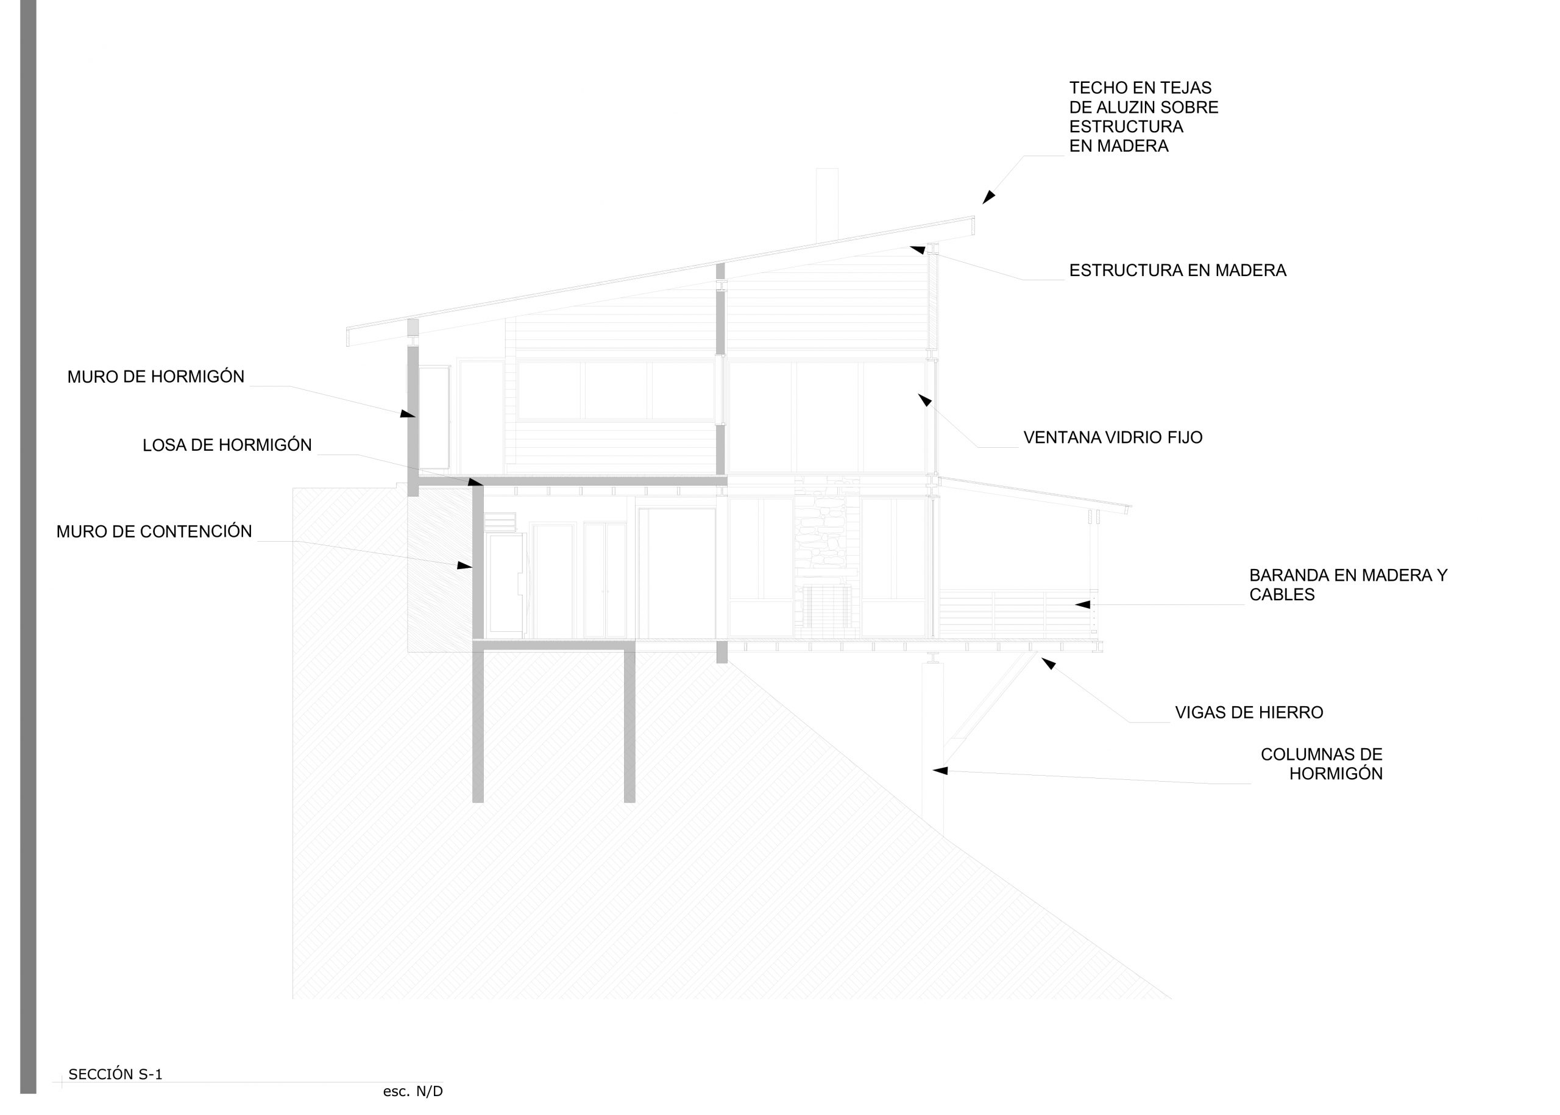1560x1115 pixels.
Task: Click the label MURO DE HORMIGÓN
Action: tap(156, 377)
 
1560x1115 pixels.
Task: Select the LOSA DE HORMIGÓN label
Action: tap(227, 445)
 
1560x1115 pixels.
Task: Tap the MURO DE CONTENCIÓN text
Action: tap(155, 531)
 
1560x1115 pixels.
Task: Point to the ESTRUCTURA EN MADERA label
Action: tap(1177, 271)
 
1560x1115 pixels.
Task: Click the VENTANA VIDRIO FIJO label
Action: tap(1113, 437)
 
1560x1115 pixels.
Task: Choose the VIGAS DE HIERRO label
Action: tap(1249, 713)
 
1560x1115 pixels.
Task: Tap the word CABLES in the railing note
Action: tap(1282, 595)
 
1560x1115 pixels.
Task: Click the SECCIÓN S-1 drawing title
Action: tap(115, 1075)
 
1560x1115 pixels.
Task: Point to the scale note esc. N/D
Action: tap(413, 1091)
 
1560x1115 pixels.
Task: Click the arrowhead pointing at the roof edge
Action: tap(989, 197)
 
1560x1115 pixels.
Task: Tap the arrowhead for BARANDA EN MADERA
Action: tap(1082, 605)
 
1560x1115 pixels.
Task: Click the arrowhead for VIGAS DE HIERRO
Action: tap(1049, 664)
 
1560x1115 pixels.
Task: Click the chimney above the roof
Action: tap(827, 205)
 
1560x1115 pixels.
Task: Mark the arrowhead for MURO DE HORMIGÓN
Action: tap(408, 413)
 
